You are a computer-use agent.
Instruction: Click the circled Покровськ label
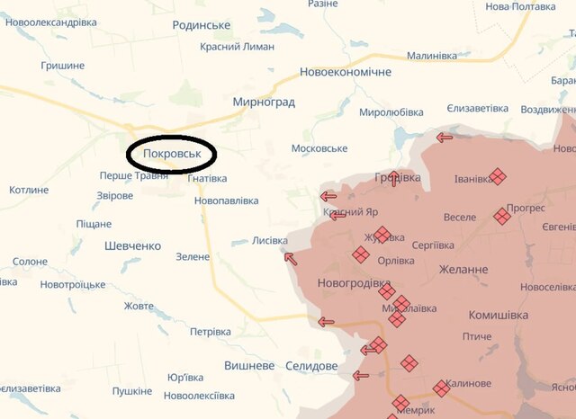(170, 154)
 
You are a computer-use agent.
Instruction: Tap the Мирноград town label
(264, 103)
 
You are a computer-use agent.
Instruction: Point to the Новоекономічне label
(346, 72)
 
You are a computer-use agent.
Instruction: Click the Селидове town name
(310, 366)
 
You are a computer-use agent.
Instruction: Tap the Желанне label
(463, 269)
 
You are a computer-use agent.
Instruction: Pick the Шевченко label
(132, 245)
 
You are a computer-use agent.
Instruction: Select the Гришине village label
(63, 66)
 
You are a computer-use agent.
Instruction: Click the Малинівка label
(432, 56)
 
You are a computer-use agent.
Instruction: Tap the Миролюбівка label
(391, 112)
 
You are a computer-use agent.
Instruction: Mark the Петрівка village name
(211, 332)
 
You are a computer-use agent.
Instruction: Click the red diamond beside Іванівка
(498, 177)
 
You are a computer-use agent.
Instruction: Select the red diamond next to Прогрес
(502, 216)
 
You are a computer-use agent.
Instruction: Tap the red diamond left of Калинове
(441, 388)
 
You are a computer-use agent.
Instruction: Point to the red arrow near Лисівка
(291, 259)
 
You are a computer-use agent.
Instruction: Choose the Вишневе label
(249, 366)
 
